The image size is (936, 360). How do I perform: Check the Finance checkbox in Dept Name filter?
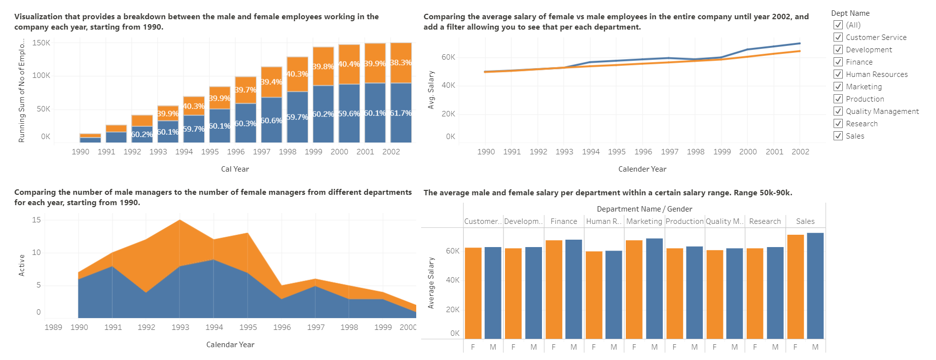[x=838, y=62]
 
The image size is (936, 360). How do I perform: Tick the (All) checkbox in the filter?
[x=838, y=25]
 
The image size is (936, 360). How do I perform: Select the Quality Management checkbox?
[x=838, y=111]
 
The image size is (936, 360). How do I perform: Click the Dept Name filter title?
[x=850, y=13]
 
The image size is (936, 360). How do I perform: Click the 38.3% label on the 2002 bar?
[x=400, y=63]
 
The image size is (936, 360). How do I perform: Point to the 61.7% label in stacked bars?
[x=400, y=113]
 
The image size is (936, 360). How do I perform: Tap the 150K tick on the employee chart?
[x=41, y=43]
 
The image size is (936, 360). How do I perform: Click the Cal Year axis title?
[x=235, y=169]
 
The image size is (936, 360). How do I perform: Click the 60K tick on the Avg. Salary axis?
[x=448, y=57]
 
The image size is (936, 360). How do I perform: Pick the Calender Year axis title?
[x=642, y=169]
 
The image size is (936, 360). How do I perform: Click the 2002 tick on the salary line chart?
[x=800, y=151]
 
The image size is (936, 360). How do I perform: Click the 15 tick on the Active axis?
[x=36, y=220]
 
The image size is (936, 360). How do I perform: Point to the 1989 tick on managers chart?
[x=53, y=327]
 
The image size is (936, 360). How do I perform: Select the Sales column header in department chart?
[x=805, y=221]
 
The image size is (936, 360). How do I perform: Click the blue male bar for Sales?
[x=815, y=286]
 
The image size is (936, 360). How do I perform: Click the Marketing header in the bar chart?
[x=644, y=221]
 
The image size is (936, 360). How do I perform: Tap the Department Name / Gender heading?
[x=644, y=209]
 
